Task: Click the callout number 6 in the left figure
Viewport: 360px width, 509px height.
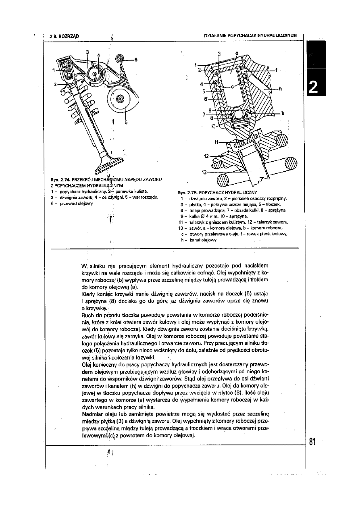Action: coord(136,60)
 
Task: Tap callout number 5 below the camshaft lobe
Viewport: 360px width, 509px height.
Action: coord(126,123)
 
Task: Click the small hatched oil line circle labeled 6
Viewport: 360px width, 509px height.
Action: coord(120,58)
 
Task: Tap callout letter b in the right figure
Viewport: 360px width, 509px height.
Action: coord(283,113)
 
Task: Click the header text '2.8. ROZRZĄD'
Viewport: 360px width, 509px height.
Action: coord(64,36)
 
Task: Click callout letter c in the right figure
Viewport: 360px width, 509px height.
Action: coord(232,87)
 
